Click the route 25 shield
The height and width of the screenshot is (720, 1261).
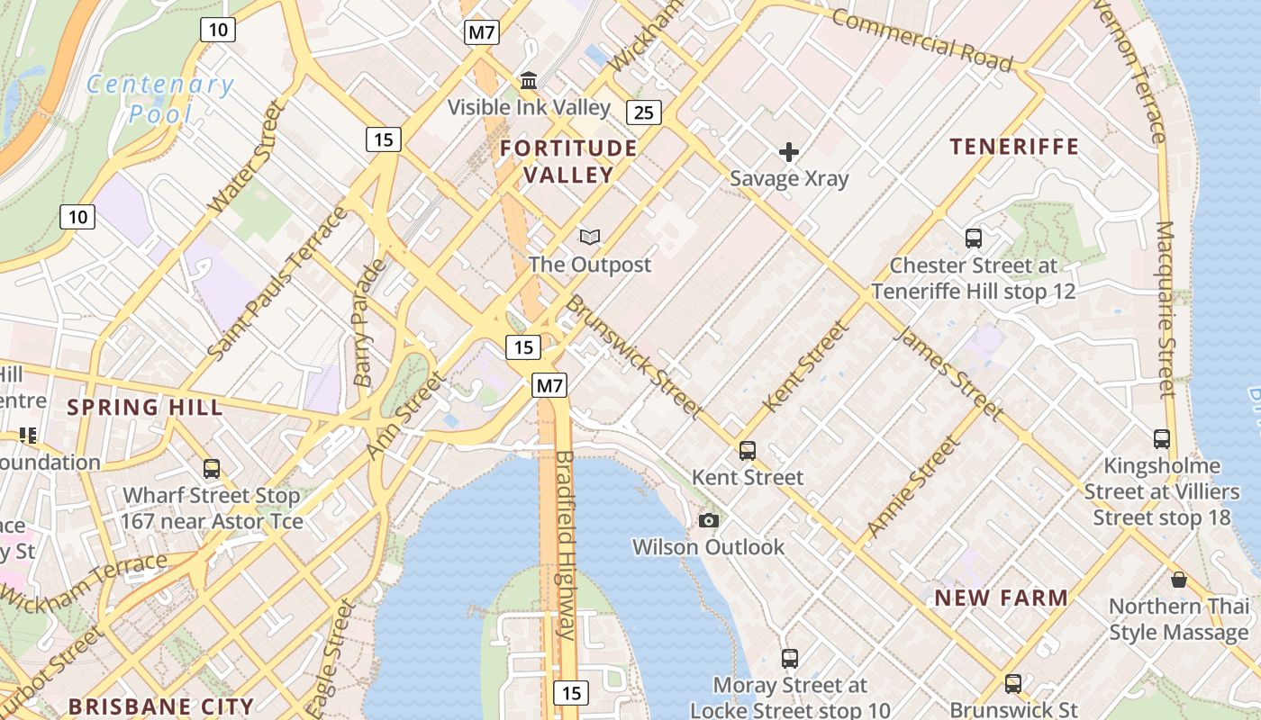click(x=643, y=112)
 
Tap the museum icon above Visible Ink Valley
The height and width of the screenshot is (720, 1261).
click(x=529, y=81)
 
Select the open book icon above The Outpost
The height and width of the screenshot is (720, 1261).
click(x=590, y=237)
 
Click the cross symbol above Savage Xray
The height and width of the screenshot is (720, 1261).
click(x=789, y=151)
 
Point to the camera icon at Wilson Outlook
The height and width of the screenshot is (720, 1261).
click(x=709, y=520)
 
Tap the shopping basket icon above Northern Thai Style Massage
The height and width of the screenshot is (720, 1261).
click(x=1178, y=580)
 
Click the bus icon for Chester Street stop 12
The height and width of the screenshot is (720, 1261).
click(x=973, y=238)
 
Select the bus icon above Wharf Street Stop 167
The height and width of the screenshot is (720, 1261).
click(x=212, y=469)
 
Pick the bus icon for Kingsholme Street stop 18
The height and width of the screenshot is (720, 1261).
click(x=1162, y=439)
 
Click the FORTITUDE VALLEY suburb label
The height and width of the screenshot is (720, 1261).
click(x=568, y=161)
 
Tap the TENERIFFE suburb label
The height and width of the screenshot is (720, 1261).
click(x=1014, y=147)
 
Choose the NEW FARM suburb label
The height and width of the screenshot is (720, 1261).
click(x=1001, y=598)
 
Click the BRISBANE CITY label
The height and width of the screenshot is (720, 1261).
click(x=161, y=706)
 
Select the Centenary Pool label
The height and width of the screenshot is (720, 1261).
click(x=160, y=99)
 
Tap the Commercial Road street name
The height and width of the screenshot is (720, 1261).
click(x=921, y=39)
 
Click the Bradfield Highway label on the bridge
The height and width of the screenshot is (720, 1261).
click(x=566, y=544)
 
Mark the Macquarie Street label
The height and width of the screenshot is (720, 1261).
click(x=1166, y=309)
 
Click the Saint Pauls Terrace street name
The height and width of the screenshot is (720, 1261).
click(x=277, y=284)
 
